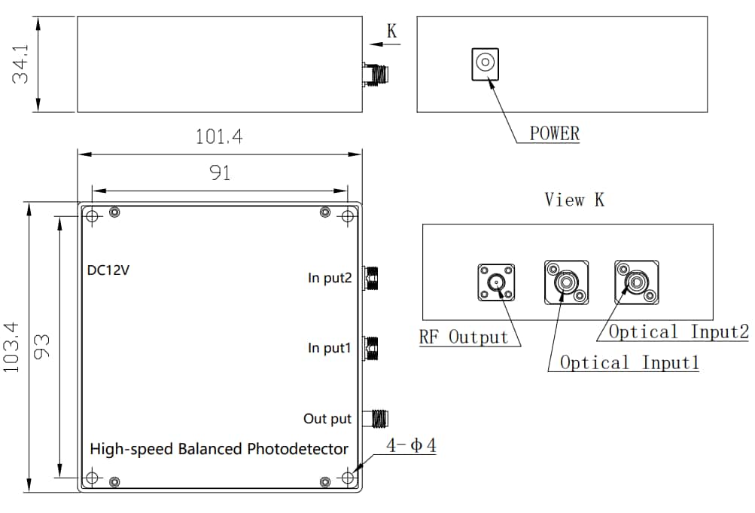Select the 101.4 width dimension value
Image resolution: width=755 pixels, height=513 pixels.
[219, 137]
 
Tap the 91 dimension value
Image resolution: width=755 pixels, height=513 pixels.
[219, 173]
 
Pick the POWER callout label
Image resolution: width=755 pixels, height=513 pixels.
[555, 134]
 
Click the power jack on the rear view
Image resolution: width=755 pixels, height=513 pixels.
[484, 63]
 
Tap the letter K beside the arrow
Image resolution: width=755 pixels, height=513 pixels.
[391, 31]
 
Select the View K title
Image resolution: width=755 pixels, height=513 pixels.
[574, 200]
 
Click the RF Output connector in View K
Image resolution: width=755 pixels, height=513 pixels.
[496, 282]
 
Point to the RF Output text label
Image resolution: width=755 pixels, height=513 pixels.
[464, 337]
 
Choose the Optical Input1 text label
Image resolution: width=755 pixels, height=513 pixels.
[629, 362]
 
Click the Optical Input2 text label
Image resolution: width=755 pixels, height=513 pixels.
[678, 331]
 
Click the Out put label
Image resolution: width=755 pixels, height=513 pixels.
[327, 418]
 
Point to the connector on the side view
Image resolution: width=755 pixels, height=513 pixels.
[376, 74]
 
